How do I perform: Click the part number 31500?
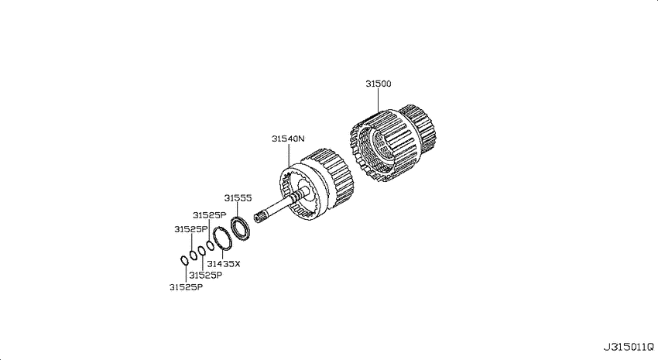pyautogui.click(x=378, y=84)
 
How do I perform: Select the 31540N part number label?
pyautogui.click(x=288, y=139)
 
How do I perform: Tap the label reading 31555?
pyautogui.click(x=238, y=198)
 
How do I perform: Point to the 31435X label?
pyautogui.click(x=224, y=264)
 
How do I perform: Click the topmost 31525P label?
pyautogui.click(x=210, y=215)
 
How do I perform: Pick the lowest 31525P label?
pyautogui.click(x=186, y=287)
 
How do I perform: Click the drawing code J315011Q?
pyautogui.click(x=629, y=348)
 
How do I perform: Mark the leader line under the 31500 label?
pyautogui.click(x=378, y=101)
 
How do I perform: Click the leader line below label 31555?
pyautogui.click(x=238, y=210)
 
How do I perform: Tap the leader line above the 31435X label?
pyautogui.click(x=222, y=254)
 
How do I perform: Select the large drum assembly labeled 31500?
pyautogui.click(x=392, y=142)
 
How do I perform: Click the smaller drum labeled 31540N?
pyautogui.click(x=317, y=184)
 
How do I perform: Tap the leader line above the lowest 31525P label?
pyautogui.click(x=186, y=274)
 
